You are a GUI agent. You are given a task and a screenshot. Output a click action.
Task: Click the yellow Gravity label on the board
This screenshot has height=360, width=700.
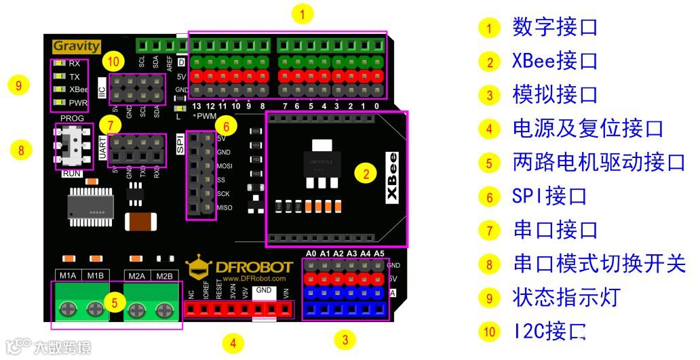(76, 46)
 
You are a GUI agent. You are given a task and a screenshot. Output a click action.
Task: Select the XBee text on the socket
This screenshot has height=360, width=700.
(393, 177)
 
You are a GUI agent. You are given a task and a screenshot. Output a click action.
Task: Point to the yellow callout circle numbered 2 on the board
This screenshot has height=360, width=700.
(366, 174)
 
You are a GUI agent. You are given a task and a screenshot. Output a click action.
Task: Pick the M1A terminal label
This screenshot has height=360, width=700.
(68, 275)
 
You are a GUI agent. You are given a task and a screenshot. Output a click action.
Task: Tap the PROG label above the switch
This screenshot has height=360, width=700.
(72, 118)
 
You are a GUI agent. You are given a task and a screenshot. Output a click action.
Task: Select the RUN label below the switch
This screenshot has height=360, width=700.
(72, 174)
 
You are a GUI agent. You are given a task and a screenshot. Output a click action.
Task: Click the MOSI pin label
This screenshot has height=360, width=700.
(224, 165)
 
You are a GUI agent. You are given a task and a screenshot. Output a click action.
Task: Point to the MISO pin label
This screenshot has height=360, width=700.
(224, 207)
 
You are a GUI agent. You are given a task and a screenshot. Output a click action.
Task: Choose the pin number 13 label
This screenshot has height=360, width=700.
(197, 106)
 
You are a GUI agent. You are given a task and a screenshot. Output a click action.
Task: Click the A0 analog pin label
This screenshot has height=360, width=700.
(311, 254)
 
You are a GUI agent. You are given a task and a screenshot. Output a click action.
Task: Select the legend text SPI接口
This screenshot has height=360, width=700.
(549, 197)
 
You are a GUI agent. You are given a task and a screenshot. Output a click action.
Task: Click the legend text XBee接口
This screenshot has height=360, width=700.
(555, 61)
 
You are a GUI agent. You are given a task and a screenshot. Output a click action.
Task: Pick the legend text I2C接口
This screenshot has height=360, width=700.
(549, 332)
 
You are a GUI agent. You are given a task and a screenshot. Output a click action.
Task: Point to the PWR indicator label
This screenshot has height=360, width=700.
(79, 103)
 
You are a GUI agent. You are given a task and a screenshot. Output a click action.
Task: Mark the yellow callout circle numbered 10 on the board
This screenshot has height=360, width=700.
(113, 62)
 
